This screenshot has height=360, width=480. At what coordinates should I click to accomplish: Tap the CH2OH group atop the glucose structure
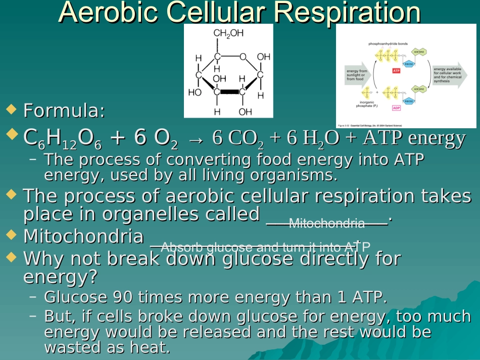228,34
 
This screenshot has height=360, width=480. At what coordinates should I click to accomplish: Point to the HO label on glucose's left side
195,92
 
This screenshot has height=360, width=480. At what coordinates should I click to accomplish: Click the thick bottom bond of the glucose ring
230,92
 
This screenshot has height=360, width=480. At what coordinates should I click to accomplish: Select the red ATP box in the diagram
396,71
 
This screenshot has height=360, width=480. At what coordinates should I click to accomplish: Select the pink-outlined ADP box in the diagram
396,108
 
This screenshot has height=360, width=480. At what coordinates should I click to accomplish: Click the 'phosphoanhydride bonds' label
388,44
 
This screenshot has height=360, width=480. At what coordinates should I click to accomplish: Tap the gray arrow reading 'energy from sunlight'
357,75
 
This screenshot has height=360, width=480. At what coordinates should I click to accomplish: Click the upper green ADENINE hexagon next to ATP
419,52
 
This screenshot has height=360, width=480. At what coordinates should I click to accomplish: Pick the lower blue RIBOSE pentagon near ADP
408,101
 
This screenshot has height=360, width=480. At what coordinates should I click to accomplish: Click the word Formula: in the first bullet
65,111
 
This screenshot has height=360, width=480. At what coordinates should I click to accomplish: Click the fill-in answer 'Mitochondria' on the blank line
326,223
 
